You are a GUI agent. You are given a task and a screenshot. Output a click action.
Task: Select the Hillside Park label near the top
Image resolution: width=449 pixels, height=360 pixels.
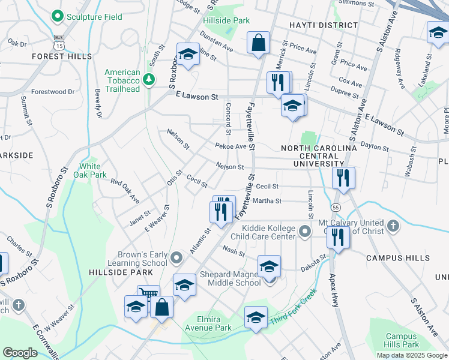226,20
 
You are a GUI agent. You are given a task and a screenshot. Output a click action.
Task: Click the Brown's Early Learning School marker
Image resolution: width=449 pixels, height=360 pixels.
176,258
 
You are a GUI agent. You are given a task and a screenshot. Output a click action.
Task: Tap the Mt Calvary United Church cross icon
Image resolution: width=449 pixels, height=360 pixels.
393,226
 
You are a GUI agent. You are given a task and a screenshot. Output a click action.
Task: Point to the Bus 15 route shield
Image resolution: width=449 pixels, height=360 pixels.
58,41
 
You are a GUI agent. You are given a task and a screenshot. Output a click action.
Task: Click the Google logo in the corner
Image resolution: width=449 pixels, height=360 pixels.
20,353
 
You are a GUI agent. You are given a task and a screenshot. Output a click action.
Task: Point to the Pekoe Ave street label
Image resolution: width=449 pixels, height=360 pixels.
231,146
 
